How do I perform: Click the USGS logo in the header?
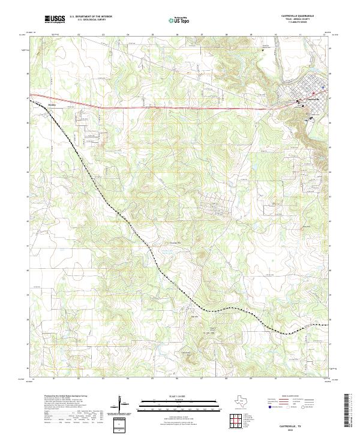pyautogui.click(x=55, y=20)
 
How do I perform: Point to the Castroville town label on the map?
pyautogui.click(x=314, y=99)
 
